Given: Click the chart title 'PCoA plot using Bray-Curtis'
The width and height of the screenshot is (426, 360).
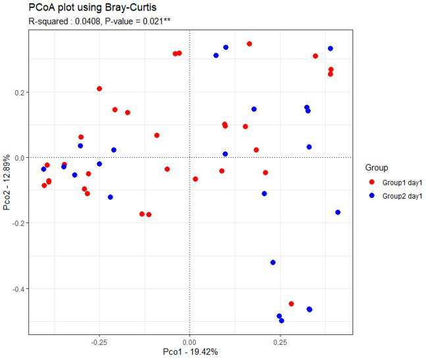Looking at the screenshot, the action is [x=92, y=8].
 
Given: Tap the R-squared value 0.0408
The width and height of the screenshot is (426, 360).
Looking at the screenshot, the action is [x=88, y=21].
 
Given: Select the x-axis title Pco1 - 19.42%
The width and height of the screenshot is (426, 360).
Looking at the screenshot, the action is [x=190, y=352].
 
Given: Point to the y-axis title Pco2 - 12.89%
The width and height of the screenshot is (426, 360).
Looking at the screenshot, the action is [x=7, y=182].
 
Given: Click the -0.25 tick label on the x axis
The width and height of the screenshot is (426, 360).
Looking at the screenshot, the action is [x=99, y=342].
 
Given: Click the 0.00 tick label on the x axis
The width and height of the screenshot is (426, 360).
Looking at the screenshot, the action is [x=190, y=342].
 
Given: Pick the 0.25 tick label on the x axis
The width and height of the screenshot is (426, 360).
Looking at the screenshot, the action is [x=280, y=342].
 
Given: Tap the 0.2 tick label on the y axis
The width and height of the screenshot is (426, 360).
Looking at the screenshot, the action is [x=20, y=92].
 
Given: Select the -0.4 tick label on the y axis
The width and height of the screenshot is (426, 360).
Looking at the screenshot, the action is [x=18, y=289].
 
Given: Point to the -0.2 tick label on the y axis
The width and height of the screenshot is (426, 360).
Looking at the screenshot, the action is [x=18, y=223].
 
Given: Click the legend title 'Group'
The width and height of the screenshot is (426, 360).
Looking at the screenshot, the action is [x=377, y=168].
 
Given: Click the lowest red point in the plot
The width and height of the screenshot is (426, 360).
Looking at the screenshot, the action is [x=291, y=304].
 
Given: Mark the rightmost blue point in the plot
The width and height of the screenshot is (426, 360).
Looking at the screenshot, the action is [x=338, y=213].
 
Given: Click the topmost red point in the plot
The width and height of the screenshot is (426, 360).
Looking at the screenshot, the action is [x=250, y=43].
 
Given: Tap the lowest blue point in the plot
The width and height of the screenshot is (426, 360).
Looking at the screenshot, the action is [x=281, y=321].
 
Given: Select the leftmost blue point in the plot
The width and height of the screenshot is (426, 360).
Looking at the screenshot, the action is [x=43, y=169].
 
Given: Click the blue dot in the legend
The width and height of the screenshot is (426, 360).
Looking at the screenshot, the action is [x=372, y=195].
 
